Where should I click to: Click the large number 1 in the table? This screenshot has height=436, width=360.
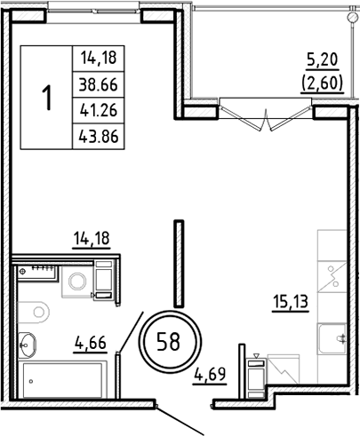click(x=45, y=97)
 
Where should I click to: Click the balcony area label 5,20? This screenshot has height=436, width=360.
click(x=321, y=61)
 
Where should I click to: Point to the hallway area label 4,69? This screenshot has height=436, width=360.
click(x=212, y=373)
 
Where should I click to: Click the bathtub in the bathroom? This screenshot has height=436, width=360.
click(x=62, y=377)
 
